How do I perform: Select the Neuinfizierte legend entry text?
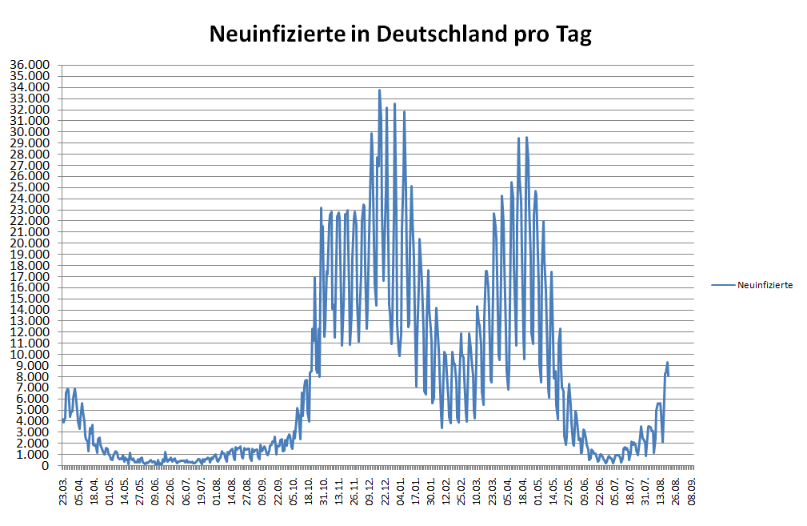tap(765, 284)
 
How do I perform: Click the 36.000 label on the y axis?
tap(30, 65)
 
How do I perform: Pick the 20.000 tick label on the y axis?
tap(30, 243)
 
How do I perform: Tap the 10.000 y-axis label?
tap(30, 355)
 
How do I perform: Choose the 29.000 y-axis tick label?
tap(30, 143)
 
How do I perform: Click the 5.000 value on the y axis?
tap(33, 410)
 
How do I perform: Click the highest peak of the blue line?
tap(379, 90)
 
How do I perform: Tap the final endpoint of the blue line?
tap(669, 375)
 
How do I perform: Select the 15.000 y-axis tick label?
tap(30, 299)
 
